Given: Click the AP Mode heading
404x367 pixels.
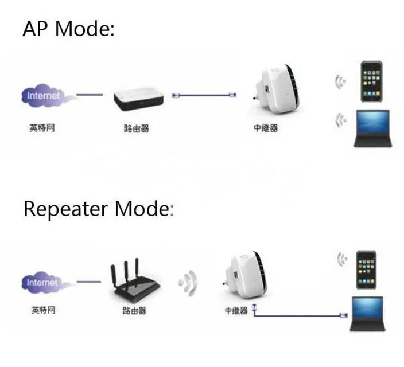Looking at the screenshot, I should pos(68,29).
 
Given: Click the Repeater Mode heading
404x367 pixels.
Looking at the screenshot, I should pos(98,209).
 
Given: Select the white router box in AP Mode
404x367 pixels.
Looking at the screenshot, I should pos(138,99).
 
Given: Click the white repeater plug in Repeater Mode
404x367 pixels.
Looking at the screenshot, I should pos(243,274).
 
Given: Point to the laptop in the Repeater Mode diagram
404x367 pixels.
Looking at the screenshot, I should pos(366,314).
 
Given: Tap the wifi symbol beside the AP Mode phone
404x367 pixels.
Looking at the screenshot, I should pos(340,81).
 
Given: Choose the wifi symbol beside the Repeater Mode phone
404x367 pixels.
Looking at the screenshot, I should pos(343,259).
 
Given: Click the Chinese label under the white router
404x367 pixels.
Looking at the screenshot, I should pos(136,129).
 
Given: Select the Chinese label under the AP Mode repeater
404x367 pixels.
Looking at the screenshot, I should pos(266,128).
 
